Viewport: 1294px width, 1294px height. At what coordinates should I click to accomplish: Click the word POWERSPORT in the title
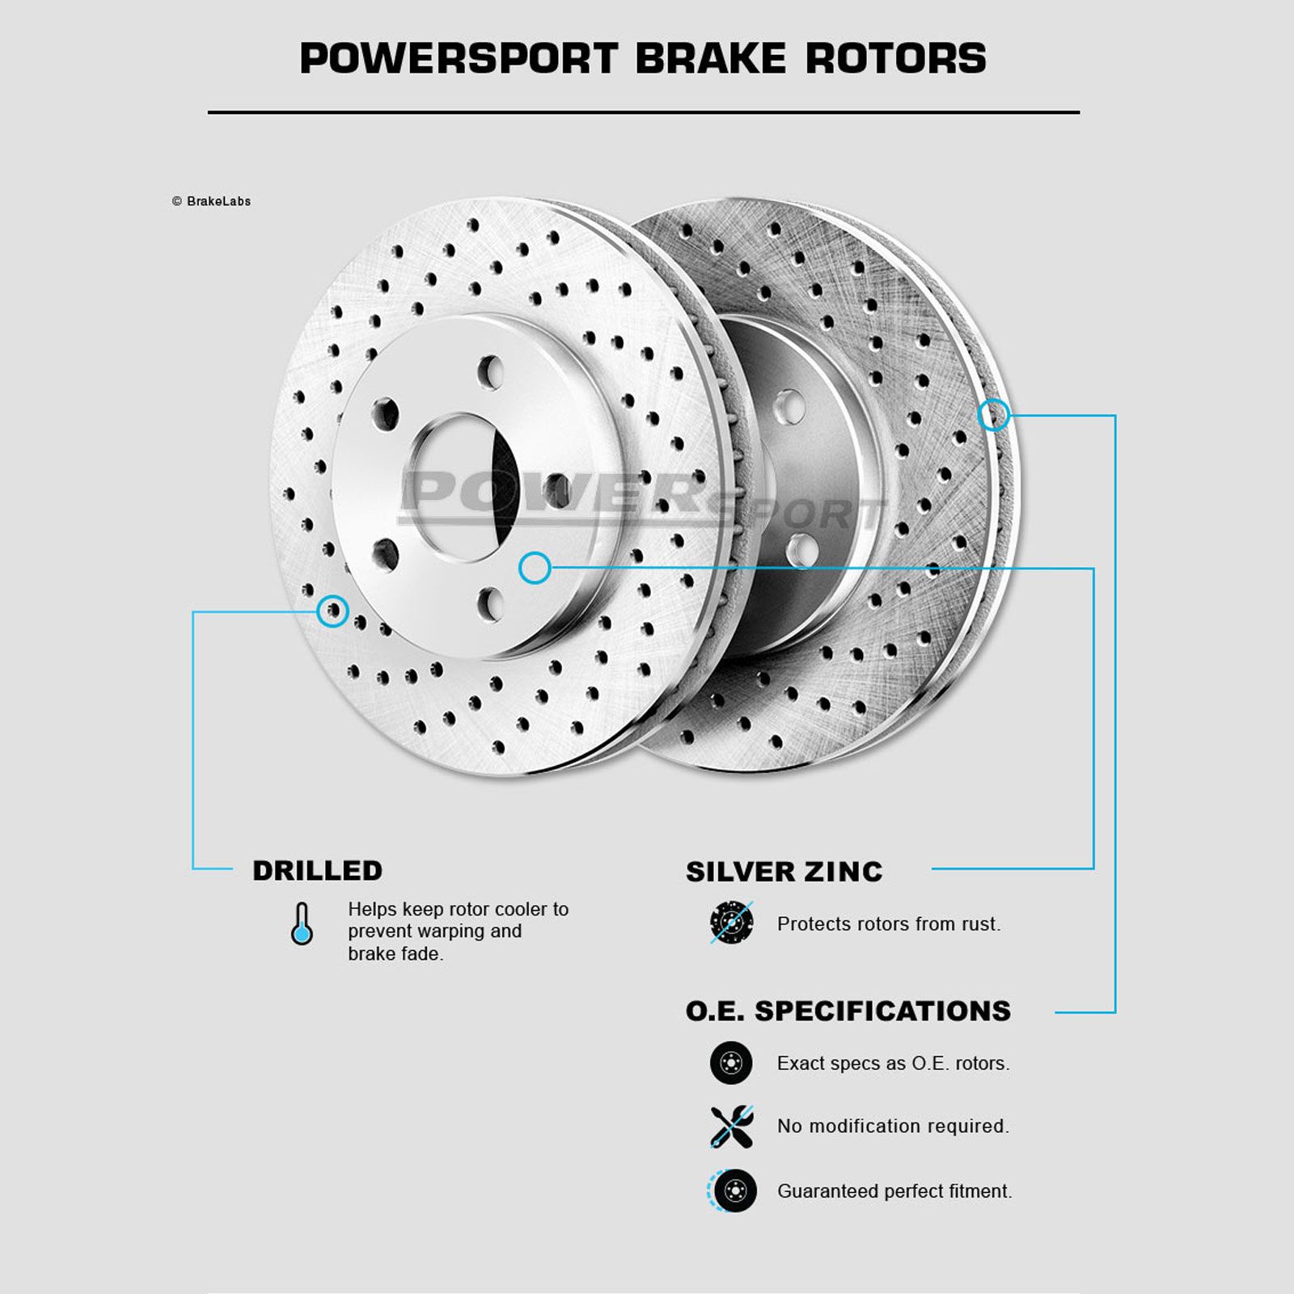point(459,58)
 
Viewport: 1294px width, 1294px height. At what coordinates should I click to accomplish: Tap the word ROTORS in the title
point(895,58)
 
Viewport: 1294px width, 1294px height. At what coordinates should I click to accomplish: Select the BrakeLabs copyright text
point(211,201)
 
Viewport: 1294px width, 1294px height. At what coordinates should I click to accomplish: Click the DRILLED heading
point(317,870)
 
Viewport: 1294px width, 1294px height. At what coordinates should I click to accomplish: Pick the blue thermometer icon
point(302,924)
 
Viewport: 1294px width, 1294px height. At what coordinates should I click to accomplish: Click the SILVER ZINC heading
point(784,872)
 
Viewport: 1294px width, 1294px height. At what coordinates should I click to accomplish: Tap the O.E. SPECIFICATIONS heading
point(848,1011)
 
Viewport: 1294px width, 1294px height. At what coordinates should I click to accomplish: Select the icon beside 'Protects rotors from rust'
point(732,923)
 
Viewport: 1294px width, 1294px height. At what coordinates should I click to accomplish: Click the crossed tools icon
point(732,1127)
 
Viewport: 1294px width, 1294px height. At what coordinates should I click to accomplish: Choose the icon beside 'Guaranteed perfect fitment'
point(732,1190)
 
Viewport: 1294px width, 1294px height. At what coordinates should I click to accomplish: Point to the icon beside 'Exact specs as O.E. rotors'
point(731,1063)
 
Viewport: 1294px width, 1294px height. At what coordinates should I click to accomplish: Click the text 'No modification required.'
point(893,1126)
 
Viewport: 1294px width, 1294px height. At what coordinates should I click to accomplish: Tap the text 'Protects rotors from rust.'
point(889,924)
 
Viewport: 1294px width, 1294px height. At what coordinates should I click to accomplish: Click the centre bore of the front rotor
point(464,488)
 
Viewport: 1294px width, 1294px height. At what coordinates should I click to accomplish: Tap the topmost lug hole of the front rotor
point(490,372)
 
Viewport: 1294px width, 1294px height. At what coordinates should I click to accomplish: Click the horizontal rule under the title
point(644,112)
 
